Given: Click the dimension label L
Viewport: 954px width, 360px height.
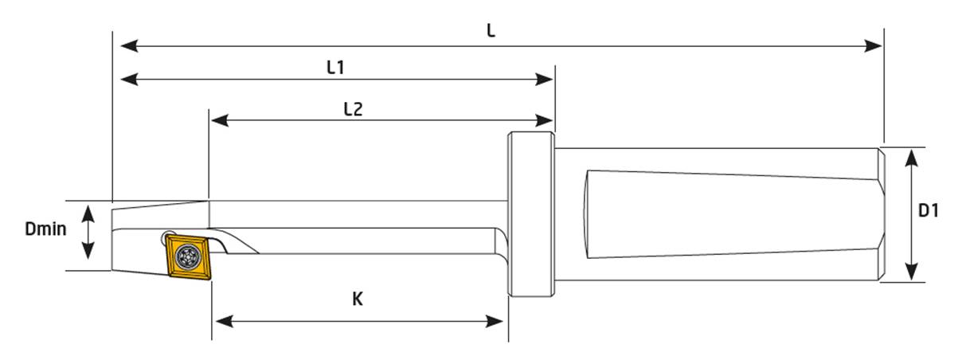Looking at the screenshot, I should [x=491, y=31].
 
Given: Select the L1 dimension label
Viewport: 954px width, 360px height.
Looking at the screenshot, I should [x=335, y=68].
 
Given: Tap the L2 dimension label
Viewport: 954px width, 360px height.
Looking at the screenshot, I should [x=354, y=109].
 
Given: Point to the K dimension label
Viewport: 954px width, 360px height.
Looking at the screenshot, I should [x=358, y=299].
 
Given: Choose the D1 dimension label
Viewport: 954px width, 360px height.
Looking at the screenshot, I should [x=929, y=212].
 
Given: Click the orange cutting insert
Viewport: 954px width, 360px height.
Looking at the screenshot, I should [x=189, y=256].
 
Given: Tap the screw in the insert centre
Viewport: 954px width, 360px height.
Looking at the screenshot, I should [x=189, y=257].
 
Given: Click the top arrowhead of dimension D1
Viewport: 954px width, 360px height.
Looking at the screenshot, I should [x=913, y=156].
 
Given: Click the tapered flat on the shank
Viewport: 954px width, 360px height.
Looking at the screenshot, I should [x=725, y=215].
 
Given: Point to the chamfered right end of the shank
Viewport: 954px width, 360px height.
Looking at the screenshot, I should [x=882, y=213].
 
